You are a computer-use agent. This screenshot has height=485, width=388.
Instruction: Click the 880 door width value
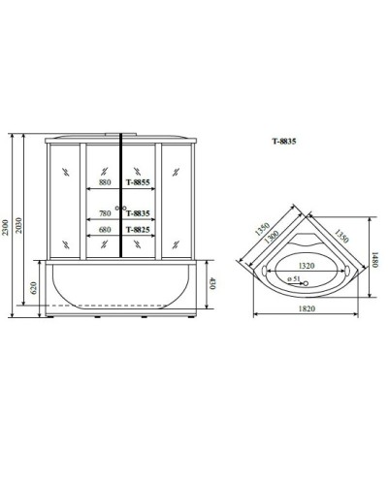[105, 182]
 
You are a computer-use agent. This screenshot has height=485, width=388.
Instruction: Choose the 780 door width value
[105, 214]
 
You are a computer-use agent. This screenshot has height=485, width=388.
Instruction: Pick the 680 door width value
[105, 230]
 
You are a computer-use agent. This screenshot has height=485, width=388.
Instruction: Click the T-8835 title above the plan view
[283, 142]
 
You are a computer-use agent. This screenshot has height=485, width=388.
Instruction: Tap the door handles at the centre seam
[120, 208]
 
